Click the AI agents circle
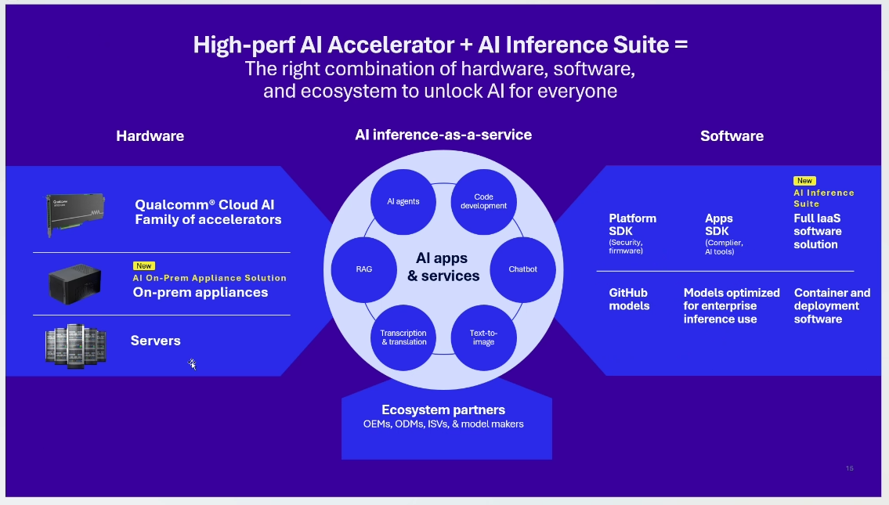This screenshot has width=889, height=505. (x=403, y=201)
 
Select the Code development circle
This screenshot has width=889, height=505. (x=483, y=201)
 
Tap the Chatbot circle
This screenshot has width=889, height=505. (x=522, y=269)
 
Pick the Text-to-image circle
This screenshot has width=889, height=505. (x=483, y=337)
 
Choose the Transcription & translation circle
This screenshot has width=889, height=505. (x=403, y=337)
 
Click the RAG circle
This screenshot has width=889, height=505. (x=363, y=269)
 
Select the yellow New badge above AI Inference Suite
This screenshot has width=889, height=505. (x=804, y=181)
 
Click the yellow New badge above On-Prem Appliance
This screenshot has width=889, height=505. (x=144, y=266)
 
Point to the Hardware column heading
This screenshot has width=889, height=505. (x=150, y=136)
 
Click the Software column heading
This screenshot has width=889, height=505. (x=732, y=136)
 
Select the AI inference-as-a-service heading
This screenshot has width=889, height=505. (x=443, y=135)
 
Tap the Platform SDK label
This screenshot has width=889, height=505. (x=633, y=225)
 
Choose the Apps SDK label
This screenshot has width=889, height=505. (x=719, y=225)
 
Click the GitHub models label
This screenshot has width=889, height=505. (x=630, y=299)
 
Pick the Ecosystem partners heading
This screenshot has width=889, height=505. (x=443, y=409)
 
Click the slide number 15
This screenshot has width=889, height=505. (x=849, y=468)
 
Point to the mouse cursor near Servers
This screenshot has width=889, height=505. (x=192, y=363)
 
